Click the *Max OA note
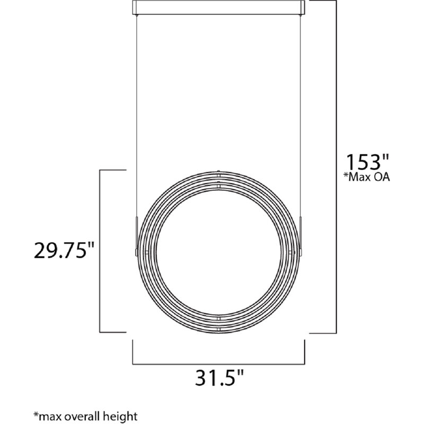click(x=366, y=178)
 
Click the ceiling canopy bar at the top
click(x=218, y=7)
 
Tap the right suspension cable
click(x=301, y=106)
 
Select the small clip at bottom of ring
click(x=218, y=324)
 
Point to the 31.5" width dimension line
click(x=218, y=364)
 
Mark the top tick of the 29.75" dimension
click(x=112, y=170)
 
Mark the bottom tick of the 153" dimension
click(x=323, y=333)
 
